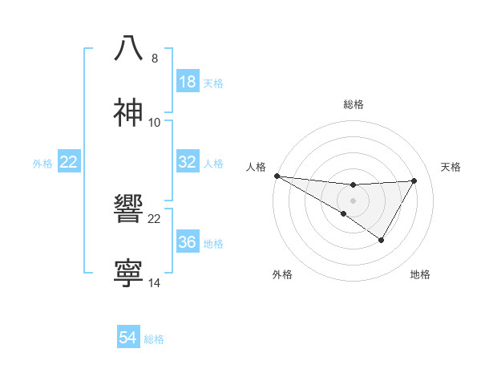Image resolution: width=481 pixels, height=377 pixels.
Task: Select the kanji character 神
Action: click(x=129, y=113)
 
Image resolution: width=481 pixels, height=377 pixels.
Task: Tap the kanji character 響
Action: click(x=129, y=209)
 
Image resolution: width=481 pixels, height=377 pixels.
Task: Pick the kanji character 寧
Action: click(x=129, y=274)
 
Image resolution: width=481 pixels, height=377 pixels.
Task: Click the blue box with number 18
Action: click(x=188, y=82)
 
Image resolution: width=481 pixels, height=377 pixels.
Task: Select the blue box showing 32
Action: click(x=188, y=162)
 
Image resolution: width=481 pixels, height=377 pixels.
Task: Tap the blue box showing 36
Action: click(x=188, y=242)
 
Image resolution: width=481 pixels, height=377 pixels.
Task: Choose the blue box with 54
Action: click(x=128, y=338)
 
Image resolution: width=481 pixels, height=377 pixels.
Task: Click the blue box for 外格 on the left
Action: click(x=69, y=162)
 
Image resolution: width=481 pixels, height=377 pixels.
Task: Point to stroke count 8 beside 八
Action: click(x=155, y=59)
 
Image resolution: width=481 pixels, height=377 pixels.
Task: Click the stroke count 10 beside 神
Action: click(x=155, y=123)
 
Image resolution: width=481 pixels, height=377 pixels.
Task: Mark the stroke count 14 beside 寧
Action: click(x=155, y=283)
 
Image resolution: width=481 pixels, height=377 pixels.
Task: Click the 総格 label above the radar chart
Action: click(x=354, y=104)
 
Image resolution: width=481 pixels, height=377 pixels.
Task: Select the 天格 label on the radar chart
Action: click(x=451, y=167)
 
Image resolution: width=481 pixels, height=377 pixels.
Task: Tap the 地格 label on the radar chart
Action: click(x=420, y=274)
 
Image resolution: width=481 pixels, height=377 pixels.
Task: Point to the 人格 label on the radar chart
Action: click(x=256, y=167)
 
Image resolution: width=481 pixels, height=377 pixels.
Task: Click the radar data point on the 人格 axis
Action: click(x=277, y=176)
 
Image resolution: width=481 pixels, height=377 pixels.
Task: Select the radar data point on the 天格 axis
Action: click(x=414, y=180)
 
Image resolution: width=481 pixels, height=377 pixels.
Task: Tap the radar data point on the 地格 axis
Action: click(x=382, y=240)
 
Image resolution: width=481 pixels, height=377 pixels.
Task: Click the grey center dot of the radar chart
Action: click(x=354, y=200)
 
